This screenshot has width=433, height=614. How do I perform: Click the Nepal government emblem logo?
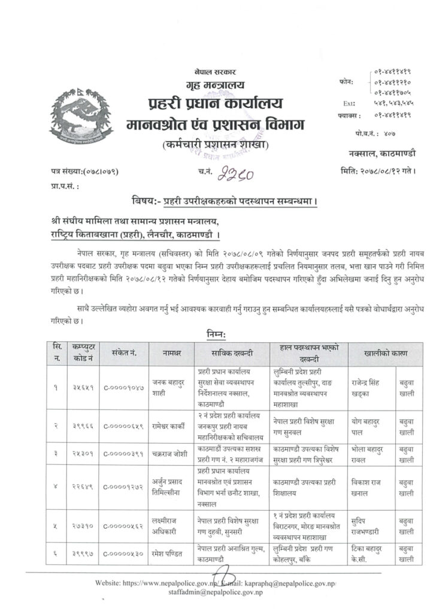click(80, 115)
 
